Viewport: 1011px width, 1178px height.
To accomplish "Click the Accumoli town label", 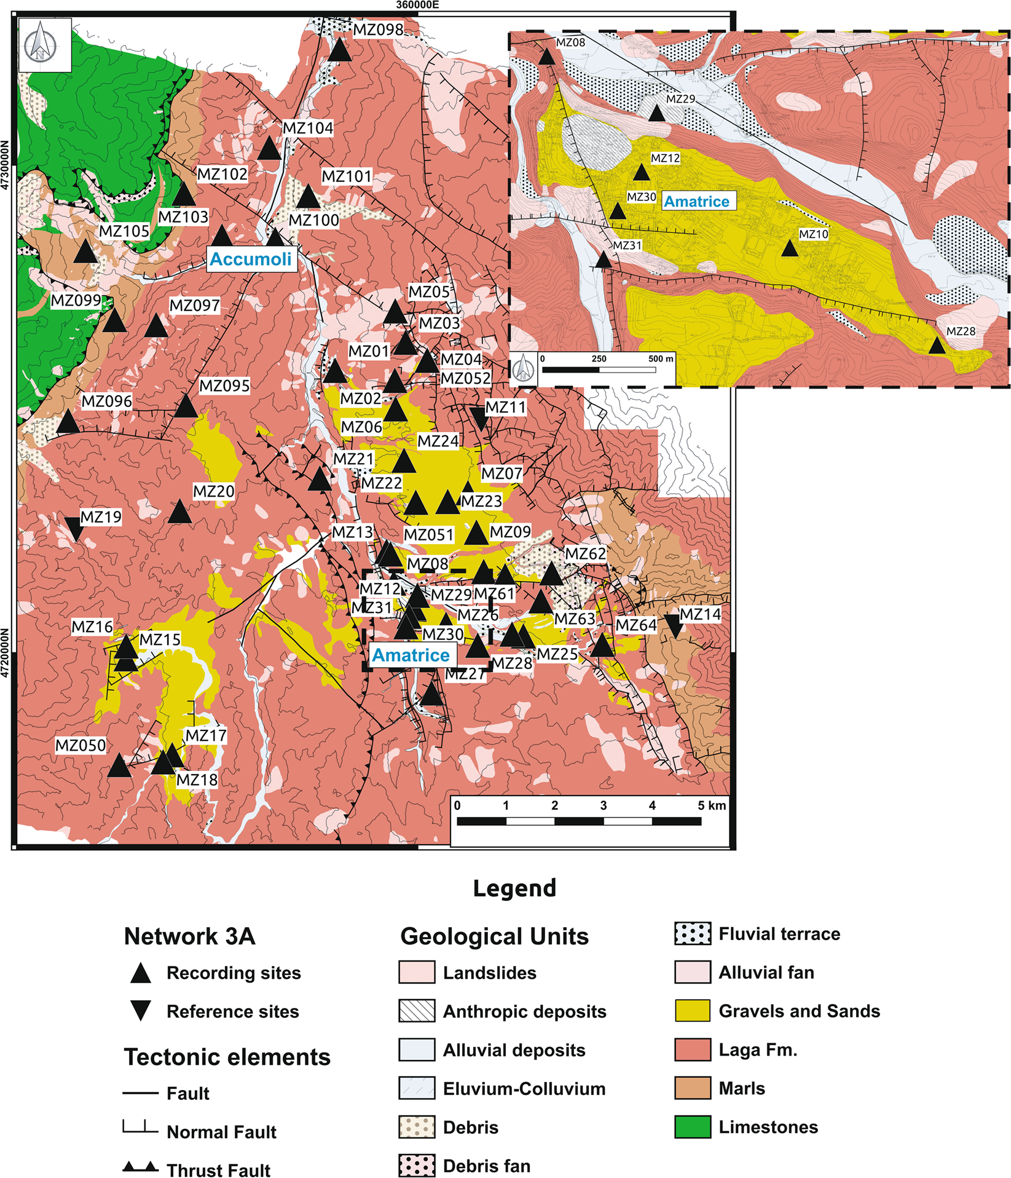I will [x=251, y=259].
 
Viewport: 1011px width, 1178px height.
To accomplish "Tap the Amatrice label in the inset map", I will [x=697, y=201].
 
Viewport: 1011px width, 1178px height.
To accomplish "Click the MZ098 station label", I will [x=378, y=29].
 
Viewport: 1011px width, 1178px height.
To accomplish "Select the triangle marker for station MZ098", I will [x=339, y=50].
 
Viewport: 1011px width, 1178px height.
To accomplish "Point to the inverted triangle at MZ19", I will [x=74, y=528].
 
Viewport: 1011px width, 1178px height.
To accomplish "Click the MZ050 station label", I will [x=81, y=745].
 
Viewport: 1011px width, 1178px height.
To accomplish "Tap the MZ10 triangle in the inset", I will [x=789, y=249].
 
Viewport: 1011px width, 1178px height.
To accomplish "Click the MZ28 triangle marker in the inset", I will [x=936, y=346].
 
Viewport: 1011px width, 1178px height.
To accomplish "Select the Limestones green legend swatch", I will [x=692, y=1127].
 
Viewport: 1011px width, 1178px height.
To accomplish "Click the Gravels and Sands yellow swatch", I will [x=692, y=1011].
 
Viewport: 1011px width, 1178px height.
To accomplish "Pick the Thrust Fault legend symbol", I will [x=140, y=1167].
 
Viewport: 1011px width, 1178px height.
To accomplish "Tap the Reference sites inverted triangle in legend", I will [x=141, y=1011].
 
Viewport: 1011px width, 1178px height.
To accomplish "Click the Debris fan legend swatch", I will [x=417, y=1166].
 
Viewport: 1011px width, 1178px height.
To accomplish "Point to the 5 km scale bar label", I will [x=712, y=805].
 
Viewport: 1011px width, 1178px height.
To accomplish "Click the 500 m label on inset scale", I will [x=661, y=358].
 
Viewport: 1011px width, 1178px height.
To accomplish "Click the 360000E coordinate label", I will [x=417, y=5].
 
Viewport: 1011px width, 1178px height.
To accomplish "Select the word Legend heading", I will [x=514, y=888].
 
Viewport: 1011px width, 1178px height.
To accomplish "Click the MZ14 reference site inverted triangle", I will [x=674, y=626].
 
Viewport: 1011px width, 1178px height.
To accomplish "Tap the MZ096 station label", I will [x=107, y=401].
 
